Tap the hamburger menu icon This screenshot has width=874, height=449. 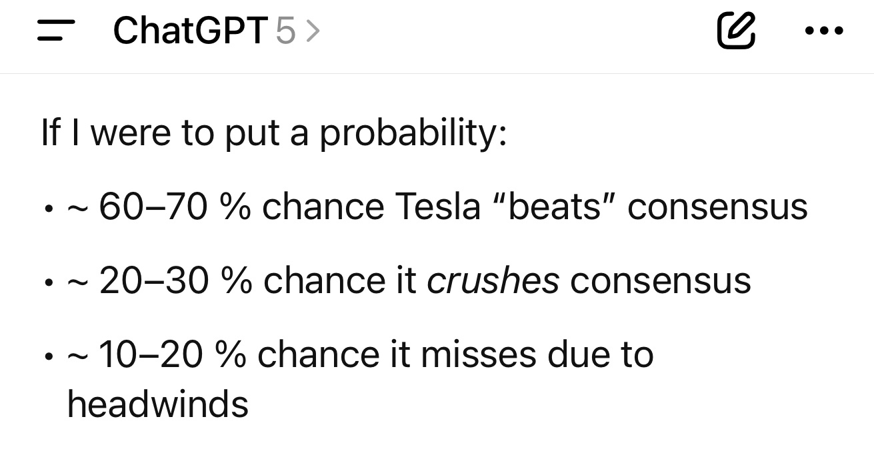(56, 31)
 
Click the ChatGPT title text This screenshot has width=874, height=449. (191, 31)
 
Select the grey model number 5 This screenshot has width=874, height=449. (285, 31)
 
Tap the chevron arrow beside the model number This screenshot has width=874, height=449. (313, 31)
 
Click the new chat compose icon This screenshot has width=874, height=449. (736, 31)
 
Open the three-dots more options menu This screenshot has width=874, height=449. (824, 31)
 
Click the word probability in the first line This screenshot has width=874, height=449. (413, 133)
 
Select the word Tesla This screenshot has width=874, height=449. (437, 207)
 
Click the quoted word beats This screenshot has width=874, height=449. (554, 207)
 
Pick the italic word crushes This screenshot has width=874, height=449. (493, 280)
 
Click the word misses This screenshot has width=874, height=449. (479, 354)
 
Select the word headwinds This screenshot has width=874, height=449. (158, 404)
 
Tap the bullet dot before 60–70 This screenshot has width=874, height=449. (49, 209)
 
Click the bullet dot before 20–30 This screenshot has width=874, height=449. (49, 282)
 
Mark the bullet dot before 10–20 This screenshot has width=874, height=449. (49, 356)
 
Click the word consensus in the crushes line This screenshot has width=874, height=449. (661, 281)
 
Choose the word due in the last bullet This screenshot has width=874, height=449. (579, 354)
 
